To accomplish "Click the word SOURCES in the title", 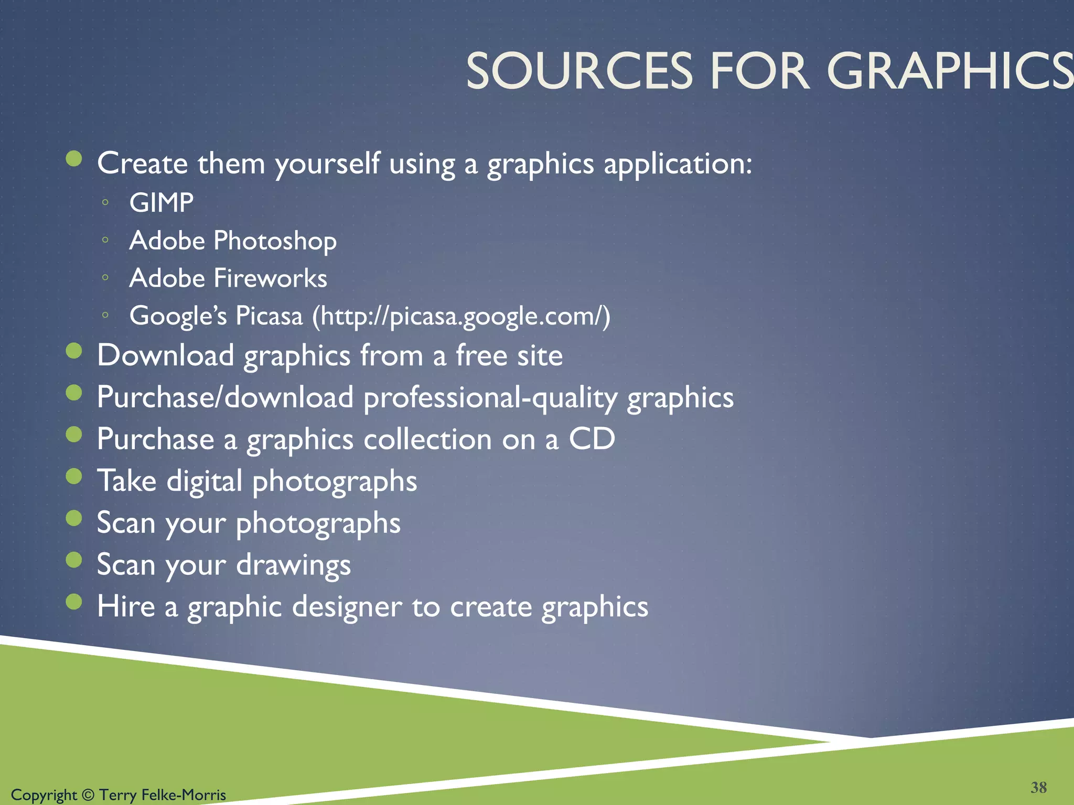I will pyautogui.click(x=579, y=72).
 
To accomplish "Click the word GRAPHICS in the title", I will pyautogui.click(x=949, y=72).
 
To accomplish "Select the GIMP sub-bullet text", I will pyautogui.click(x=162, y=203).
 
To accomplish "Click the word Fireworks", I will pyautogui.click(x=271, y=278).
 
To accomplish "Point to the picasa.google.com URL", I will pyautogui.click(x=461, y=316).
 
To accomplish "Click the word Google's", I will pyautogui.click(x=178, y=316).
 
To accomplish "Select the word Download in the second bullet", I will pyautogui.click(x=165, y=355).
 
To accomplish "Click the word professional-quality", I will pyautogui.click(x=490, y=398).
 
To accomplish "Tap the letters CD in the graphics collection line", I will pyautogui.click(x=592, y=439).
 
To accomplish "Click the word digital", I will pyautogui.click(x=205, y=481).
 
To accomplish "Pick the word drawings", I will pyautogui.click(x=293, y=565).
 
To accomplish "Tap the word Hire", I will pyautogui.click(x=126, y=606).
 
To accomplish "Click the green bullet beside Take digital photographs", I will pyautogui.click(x=74, y=476).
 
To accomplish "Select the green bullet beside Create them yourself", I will pyautogui.click(x=74, y=158).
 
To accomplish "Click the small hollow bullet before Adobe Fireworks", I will pyautogui.click(x=105, y=278).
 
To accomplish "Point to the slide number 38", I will pyautogui.click(x=1038, y=787).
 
